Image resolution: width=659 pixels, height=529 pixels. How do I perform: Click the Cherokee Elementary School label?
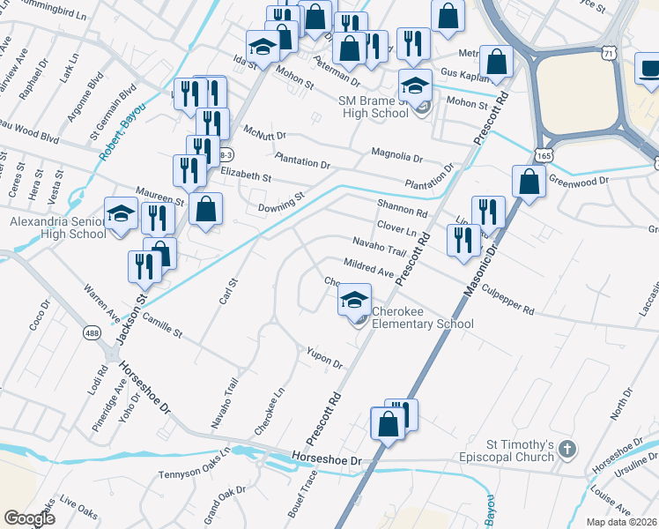[x=422, y=318]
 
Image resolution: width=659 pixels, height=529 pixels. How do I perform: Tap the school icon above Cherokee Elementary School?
[x=354, y=301]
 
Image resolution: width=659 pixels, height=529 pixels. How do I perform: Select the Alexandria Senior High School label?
[x=57, y=228]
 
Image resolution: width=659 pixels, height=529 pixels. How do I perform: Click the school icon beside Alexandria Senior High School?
[x=122, y=214]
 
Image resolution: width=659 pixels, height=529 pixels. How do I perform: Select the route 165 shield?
[x=537, y=155]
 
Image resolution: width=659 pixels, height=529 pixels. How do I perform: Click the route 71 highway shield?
[x=609, y=55]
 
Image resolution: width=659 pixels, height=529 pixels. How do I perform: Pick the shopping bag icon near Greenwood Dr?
[x=528, y=183]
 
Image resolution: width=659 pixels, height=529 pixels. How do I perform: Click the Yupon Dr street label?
[x=324, y=357]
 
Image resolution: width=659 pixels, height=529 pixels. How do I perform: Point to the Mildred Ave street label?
[x=369, y=268]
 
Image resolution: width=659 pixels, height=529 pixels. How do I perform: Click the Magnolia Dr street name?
[x=396, y=153]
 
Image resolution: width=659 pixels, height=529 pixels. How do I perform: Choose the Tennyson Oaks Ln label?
[x=194, y=463]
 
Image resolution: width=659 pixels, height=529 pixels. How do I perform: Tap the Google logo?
[x=29, y=518]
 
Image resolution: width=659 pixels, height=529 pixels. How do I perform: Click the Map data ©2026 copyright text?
[x=621, y=522]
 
